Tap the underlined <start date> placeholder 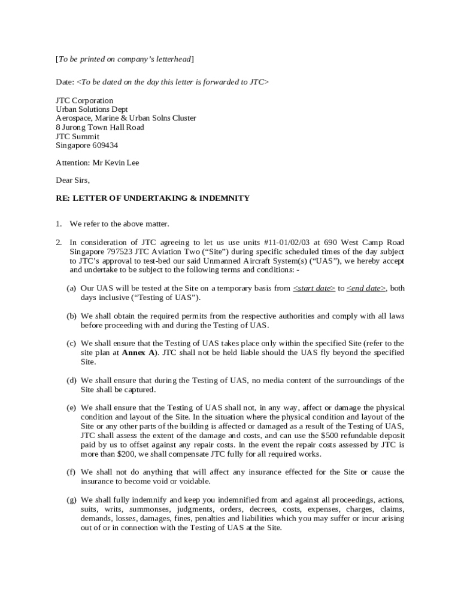pos(314,288)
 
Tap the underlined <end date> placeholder pos(366,288)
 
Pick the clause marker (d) pos(71,380)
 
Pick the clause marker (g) pos(71,500)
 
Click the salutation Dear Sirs pos(72,180)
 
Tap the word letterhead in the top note pos(173,59)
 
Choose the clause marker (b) pos(71,316)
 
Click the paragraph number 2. pos(59,242)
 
